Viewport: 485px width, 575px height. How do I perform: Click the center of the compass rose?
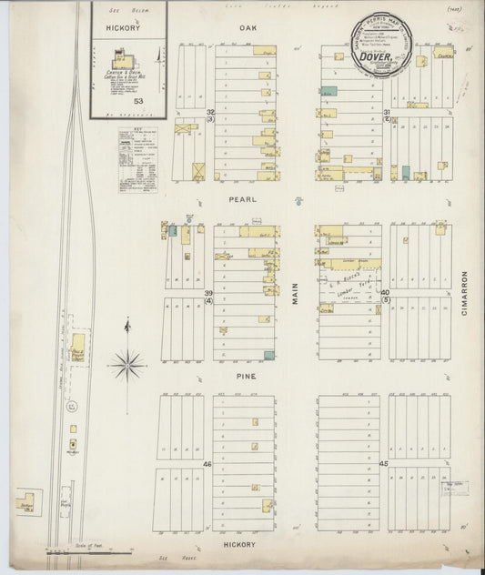pyautogui.click(x=127, y=366)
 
